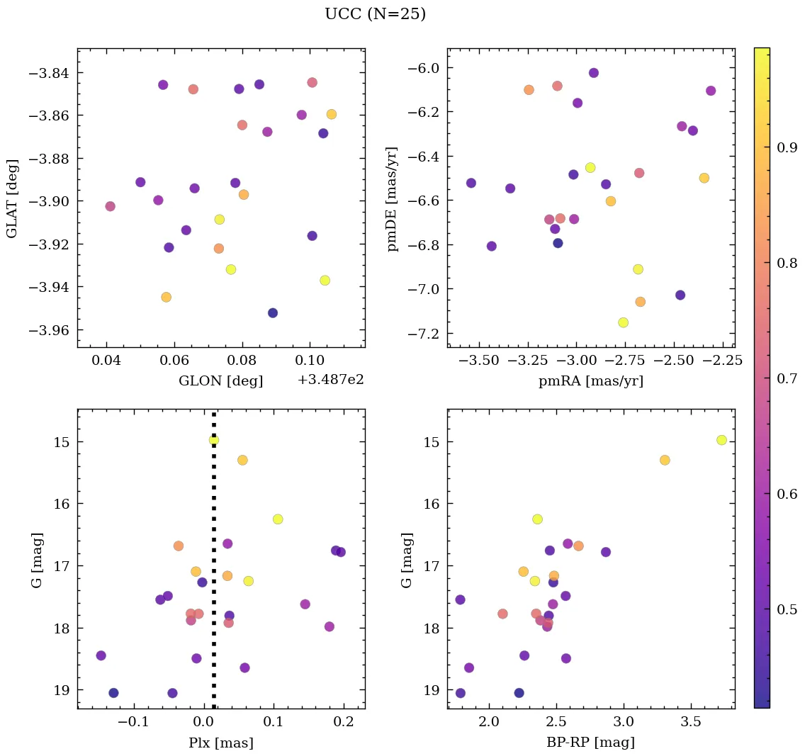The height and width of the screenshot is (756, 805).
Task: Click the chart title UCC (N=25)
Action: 375,14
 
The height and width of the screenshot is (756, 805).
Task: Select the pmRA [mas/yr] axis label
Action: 591,381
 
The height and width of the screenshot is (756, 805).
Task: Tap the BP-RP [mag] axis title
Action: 591,743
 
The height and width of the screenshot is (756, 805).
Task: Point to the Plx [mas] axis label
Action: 220,743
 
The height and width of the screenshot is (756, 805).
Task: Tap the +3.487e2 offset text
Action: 330,380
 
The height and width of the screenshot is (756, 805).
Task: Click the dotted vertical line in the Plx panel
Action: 214,567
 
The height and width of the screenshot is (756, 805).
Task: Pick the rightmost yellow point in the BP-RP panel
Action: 721,440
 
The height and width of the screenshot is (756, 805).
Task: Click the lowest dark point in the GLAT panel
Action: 273,313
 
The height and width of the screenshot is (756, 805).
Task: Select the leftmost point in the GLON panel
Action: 110,206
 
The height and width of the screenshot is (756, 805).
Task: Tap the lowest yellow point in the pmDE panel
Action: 623,322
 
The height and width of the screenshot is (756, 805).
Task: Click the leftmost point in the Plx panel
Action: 101,655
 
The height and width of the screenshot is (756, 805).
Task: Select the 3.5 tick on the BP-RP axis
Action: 691,722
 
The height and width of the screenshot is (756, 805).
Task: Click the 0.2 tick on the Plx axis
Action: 344,722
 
